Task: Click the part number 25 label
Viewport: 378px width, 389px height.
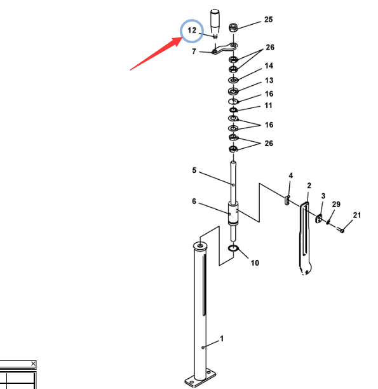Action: (268, 19)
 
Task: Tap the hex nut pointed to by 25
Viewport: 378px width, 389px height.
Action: (233, 27)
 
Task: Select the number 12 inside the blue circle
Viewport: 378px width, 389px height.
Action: (192, 31)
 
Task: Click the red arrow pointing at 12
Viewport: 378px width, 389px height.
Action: (156, 53)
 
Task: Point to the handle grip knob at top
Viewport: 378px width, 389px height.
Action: (215, 22)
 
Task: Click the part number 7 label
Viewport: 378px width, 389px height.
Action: (194, 51)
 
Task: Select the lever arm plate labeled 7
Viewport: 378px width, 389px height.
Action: (224, 48)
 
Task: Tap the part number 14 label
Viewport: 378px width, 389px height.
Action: (269, 65)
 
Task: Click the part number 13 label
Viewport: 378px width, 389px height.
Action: (269, 80)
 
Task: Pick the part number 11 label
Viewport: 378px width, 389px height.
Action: (268, 106)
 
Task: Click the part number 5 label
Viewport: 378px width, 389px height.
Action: (194, 170)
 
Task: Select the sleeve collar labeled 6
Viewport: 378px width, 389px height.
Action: (233, 214)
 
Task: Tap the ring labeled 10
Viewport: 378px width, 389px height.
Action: (233, 248)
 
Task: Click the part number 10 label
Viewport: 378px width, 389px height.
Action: (255, 263)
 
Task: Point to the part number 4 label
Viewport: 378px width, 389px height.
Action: (291, 175)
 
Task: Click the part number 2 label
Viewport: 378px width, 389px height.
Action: (309, 186)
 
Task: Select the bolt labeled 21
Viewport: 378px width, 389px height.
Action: (341, 229)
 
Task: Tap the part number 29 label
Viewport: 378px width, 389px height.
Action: (336, 204)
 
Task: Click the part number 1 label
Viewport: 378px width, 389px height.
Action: (222, 338)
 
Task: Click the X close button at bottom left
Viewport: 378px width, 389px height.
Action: (33, 364)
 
